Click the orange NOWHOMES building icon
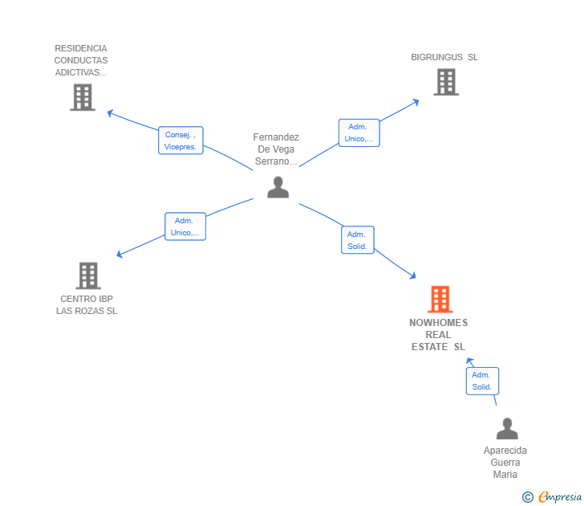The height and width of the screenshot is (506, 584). (440, 299)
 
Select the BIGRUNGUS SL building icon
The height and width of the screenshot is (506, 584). (446, 82)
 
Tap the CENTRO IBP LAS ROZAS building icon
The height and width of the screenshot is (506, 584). (88, 275)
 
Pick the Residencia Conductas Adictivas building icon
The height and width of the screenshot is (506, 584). (83, 97)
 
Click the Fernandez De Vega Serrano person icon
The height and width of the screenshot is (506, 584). (278, 187)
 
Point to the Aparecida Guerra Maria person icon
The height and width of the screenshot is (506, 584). (507, 428)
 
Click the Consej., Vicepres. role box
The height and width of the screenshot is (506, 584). (180, 141)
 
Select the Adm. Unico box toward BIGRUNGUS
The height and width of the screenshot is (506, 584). (359, 133)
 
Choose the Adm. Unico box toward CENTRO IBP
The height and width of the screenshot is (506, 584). (185, 226)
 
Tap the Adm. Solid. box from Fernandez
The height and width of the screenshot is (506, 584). (358, 240)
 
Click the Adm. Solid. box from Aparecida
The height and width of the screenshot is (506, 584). (482, 381)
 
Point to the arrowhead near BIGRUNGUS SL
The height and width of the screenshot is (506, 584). (416, 102)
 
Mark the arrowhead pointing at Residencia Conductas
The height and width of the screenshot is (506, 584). (110, 112)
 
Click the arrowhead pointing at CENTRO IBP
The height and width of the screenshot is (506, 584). (120, 255)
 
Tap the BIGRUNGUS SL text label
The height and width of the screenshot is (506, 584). (444, 57)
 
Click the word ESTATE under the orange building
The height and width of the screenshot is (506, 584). (429, 347)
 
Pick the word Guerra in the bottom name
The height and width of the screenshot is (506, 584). (505, 463)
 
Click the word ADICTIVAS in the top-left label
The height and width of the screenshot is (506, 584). (81, 72)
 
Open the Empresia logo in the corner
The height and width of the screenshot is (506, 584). (552, 496)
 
